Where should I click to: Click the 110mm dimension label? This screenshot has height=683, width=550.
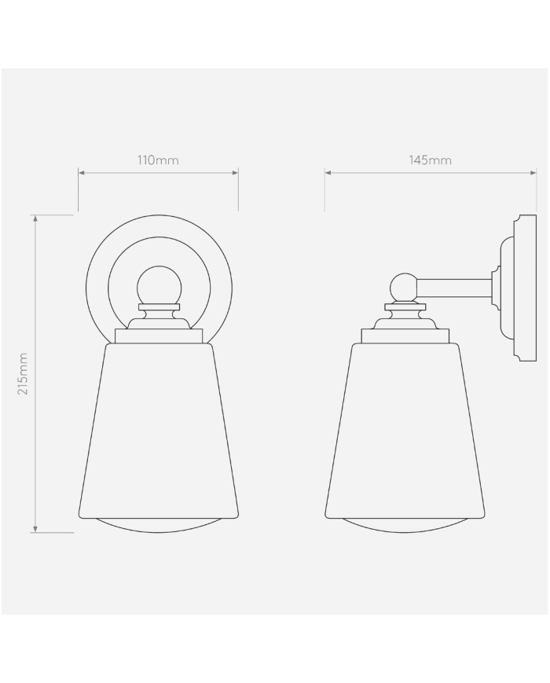coord(158,160)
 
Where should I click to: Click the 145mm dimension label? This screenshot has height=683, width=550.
coord(430,160)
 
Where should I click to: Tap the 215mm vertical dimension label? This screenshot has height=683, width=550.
coord(23,373)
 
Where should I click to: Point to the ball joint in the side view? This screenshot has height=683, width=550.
coord(404,287)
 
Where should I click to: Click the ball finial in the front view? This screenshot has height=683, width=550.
coord(159,285)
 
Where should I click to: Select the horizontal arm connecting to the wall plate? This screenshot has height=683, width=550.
coord(456,288)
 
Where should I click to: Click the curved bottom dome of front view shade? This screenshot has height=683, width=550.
coord(159,526)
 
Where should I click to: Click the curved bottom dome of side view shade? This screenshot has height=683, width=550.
coord(405,526)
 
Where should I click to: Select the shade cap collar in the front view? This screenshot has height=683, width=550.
coord(159,336)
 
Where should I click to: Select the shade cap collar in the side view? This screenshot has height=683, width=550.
coord(405,336)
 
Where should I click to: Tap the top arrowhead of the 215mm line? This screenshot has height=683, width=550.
coord(35,218)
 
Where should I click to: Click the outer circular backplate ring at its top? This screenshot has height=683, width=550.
coord(159,215)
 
